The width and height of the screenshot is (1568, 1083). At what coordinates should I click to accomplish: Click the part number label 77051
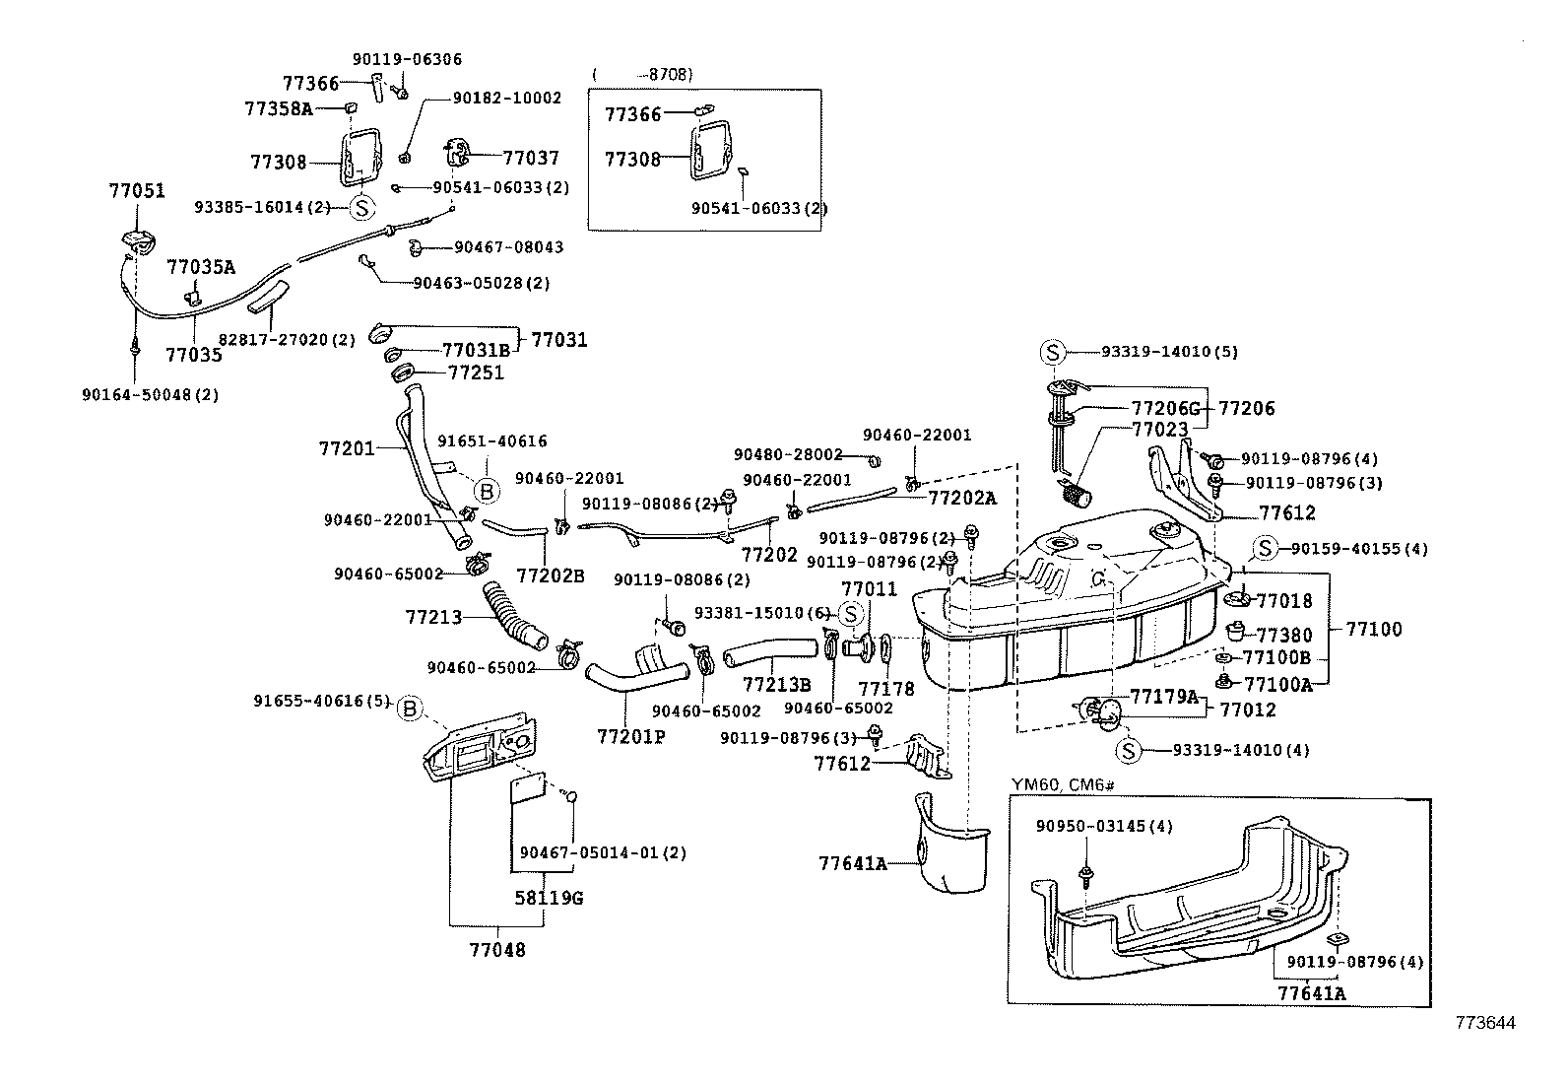136,191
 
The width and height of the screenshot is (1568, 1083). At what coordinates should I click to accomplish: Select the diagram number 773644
1485,1024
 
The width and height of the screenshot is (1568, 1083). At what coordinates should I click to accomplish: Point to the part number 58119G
549,899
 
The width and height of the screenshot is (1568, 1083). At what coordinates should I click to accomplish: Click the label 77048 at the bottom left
496,950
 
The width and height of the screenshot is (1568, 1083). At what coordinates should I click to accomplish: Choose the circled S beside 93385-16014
362,208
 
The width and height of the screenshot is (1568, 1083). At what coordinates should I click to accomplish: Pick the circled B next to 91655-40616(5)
410,708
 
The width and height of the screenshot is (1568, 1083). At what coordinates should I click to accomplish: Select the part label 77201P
630,736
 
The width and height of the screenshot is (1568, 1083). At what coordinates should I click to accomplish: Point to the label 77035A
201,267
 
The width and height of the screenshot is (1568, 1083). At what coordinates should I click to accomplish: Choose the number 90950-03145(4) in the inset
1104,826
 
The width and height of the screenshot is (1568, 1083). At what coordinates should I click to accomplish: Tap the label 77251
476,372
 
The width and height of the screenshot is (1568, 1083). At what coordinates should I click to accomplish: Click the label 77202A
961,499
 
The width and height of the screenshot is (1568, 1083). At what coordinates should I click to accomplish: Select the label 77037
530,158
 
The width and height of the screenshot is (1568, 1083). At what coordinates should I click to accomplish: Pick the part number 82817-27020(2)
287,339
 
